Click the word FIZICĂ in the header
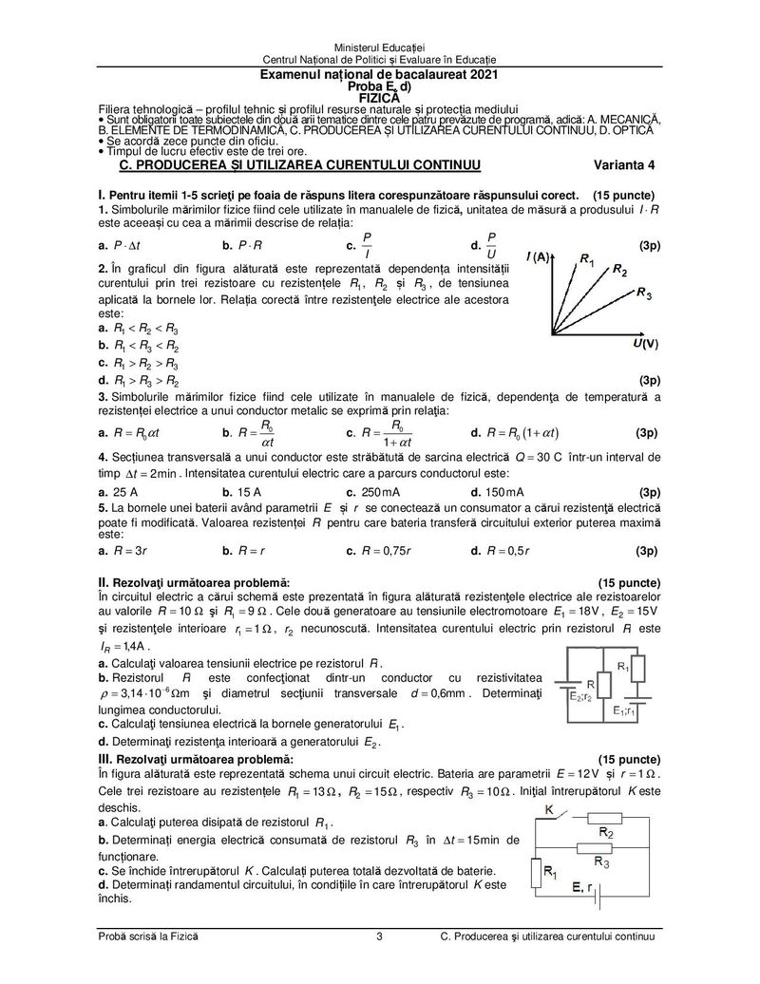pos(379,97)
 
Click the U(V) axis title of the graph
pos(646,342)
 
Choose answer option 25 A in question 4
pos(123,492)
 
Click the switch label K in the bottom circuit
pos(548,808)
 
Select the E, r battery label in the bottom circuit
pos(583,887)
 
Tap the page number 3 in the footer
pos(379,937)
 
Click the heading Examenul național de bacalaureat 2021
pos(379,74)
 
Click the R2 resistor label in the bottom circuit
pos(605,831)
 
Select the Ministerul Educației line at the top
pos(379,47)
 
